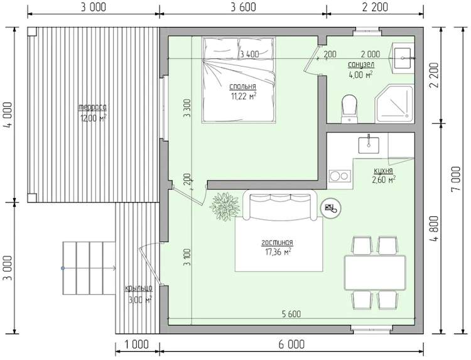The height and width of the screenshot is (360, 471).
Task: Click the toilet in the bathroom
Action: [349, 109]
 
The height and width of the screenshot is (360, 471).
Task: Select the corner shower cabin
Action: [394, 104]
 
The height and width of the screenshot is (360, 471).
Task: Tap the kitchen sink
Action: [369, 145]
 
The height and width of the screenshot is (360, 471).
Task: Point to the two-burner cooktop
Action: [340, 176]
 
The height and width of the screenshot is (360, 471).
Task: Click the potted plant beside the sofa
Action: [225, 207]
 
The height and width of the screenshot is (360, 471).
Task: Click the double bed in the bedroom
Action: [239, 80]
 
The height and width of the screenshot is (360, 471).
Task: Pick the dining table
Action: [375, 273]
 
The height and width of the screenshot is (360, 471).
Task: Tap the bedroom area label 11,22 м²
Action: [243, 96]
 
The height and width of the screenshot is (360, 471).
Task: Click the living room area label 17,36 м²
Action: [278, 251]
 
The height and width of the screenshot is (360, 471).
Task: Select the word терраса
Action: [93, 107]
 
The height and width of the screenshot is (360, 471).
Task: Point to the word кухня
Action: [383, 171]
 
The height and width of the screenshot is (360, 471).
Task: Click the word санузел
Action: [361, 65]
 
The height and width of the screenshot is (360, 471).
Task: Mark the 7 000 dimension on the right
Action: [457, 180]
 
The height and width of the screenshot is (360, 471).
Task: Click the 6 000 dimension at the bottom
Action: [291, 344]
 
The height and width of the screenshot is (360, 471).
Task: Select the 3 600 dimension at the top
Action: [243, 7]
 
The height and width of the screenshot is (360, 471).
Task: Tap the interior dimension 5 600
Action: [291, 314]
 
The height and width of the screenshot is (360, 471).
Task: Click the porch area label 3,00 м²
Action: [140, 300]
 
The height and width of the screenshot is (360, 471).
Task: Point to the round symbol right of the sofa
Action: [331, 207]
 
